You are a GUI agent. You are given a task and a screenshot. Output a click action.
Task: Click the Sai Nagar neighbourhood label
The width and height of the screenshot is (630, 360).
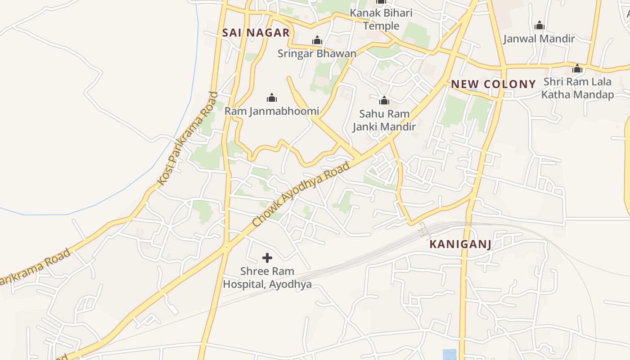pyautogui.click(x=256, y=32)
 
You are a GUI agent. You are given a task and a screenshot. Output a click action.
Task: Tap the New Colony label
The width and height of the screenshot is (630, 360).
pyautogui.click(x=493, y=84)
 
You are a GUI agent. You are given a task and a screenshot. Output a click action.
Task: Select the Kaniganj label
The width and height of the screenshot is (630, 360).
pyautogui.click(x=460, y=244)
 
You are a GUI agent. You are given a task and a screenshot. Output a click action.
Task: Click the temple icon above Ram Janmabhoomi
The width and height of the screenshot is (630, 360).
pyautogui.click(x=272, y=98)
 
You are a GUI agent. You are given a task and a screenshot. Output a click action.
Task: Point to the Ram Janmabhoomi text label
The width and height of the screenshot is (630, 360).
pyautogui.click(x=272, y=111)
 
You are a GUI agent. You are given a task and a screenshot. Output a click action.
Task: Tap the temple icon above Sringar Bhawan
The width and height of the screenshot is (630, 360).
pyautogui.click(x=317, y=40)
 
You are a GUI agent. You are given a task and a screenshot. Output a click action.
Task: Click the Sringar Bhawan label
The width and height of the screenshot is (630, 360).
pyautogui.click(x=317, y=54)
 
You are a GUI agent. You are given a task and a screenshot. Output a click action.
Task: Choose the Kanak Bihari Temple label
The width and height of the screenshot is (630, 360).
pyautogui.click(x=381, y=19)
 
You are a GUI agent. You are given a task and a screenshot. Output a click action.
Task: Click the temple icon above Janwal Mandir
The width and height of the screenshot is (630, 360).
pyautogui.click(x=539, y=26)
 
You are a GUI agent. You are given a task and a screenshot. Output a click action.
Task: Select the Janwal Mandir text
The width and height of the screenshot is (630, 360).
pyautogui.click(x=539, y=39)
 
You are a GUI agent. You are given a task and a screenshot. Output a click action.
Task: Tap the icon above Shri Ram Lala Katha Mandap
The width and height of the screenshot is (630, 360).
pyautogui.click(x=577, y=69)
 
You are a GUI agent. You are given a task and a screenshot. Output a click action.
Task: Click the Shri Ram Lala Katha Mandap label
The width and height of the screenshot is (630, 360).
pyautogui.click(x=577, y=88)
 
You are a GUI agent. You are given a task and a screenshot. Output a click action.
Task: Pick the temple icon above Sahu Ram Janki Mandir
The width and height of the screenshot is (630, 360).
pyautogui.click(x=384, y=100)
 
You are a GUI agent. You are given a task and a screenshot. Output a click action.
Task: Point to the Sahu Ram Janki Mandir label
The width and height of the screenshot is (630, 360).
pyautogui.click(x=384, y=121)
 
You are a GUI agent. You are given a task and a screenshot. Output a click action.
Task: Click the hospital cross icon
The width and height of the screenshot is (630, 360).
pyautogui.click(x=267, y=258)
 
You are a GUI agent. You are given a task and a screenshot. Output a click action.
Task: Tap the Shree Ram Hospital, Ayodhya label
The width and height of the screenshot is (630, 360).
pyautogui.click(x=267, y=278)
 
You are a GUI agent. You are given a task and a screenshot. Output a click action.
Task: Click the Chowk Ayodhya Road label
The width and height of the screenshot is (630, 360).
pyautogui.click(x=301, y=194)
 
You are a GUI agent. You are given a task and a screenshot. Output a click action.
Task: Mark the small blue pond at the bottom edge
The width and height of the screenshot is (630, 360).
pyautogui.click(x=449, y=355)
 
